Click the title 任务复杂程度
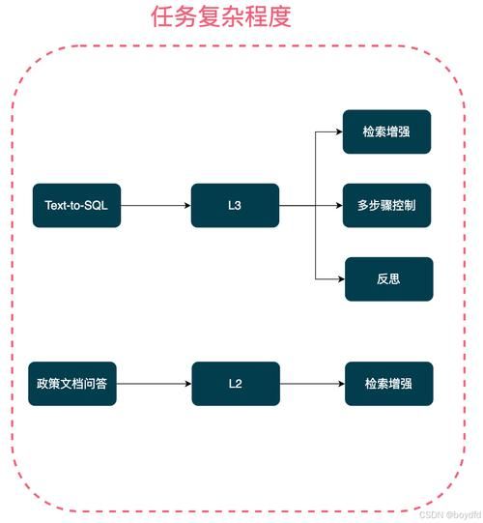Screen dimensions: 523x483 tap(221, 17)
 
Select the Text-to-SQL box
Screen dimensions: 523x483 tap(76, 205)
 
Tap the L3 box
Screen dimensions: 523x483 tap(235, 205)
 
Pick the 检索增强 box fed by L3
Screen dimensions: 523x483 tap(386, 131)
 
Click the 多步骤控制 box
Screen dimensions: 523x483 tap(386, 205)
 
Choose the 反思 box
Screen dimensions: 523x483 tap(386, 278)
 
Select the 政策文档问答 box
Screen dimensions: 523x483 tap(76, 384)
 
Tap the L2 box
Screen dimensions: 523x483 tap(235, 384)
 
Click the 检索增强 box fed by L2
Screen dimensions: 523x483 tap(386, 384)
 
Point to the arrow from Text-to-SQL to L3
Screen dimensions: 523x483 tap(155, 205)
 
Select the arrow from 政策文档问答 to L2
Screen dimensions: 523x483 tap(155, 384)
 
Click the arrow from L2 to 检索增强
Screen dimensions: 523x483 tap(311, 384)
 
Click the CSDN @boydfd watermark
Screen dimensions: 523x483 tap(449, 515)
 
